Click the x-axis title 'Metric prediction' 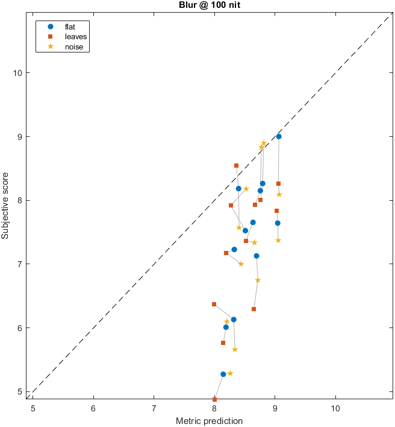[x=209, y=420]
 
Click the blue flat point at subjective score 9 [x=279, y=137]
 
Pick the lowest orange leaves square [x=214, y=399]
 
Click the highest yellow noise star [x=264, y=143]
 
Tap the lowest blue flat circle [x=223, y=374]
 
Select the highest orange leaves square [x=236, y=165]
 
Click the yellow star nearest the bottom [x=230, y=373]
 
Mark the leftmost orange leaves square [x=214, y=304]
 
